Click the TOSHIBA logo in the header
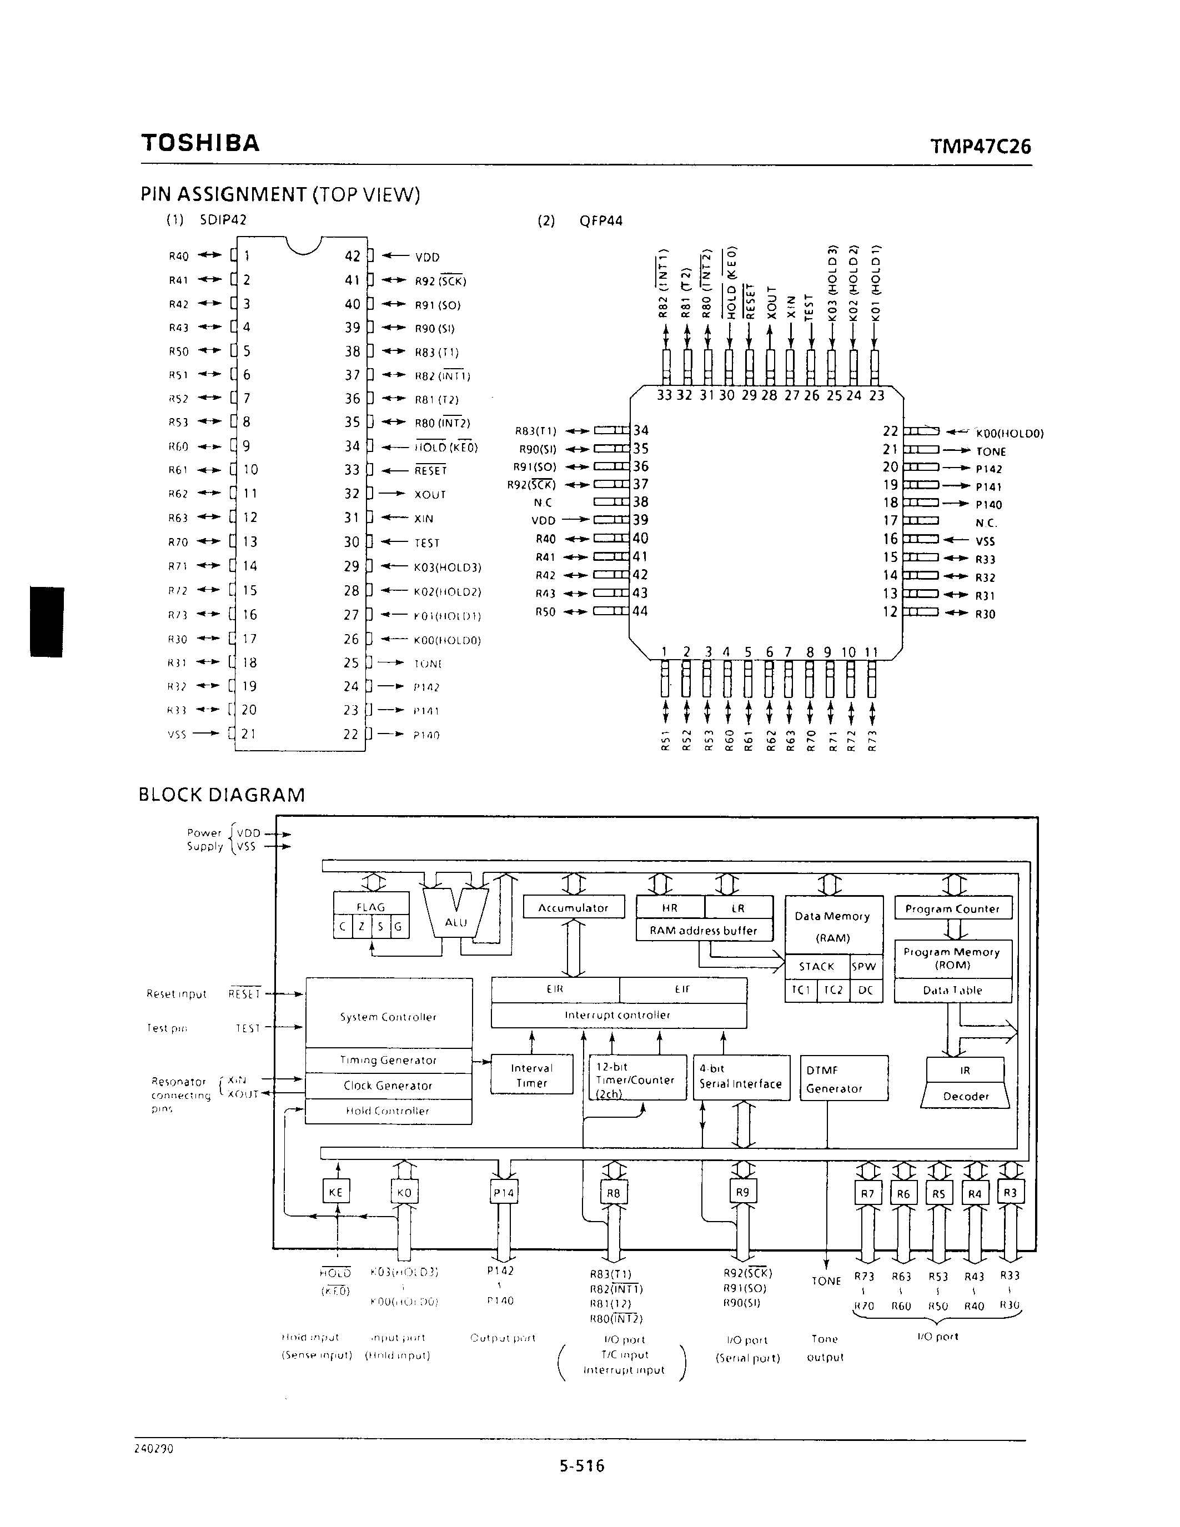tap(200, 143)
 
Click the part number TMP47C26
tap(980, 147)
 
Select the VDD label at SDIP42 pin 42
tap(426, 257)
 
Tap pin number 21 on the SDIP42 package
tap(248, 734)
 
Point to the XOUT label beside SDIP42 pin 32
tap(429, 495)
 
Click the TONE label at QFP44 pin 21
tap(991, 451)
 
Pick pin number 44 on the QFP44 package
tap(640, 611)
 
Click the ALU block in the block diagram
tap(456, 922)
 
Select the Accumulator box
tap(573, 907)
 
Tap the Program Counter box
tap(952, 908)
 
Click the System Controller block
tap(389, 1017)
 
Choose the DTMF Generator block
tap(843, 1079)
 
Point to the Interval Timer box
tap(531, 1076)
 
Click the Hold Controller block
tap(388, 1111)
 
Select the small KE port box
tap(335, 1192)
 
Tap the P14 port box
tap(503, 1192)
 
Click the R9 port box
tap(742, 1192)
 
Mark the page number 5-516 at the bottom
tap(581, 1465)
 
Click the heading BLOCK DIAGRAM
tap(222, 795)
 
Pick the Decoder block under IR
tap(966, 1096)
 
